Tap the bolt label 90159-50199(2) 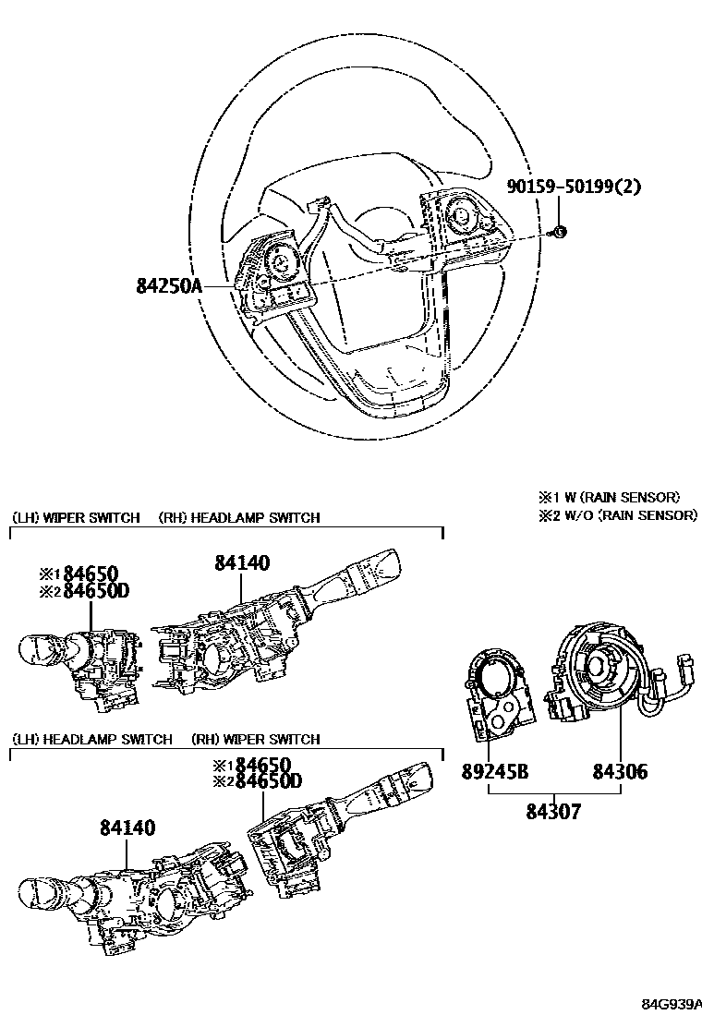point(574,187)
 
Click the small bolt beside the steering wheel point(560,231)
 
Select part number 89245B point(495,771)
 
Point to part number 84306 point(620,771)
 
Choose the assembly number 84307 point(553,812)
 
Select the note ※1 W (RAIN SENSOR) point(609,497)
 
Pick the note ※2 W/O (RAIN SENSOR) point(618,514)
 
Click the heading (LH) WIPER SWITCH point(76,517)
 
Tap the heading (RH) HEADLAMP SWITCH point(239,517)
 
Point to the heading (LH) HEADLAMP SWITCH point(92,739)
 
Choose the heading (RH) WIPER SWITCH point(255,739)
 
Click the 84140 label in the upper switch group point(242,562)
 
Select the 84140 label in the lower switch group point(127,828)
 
